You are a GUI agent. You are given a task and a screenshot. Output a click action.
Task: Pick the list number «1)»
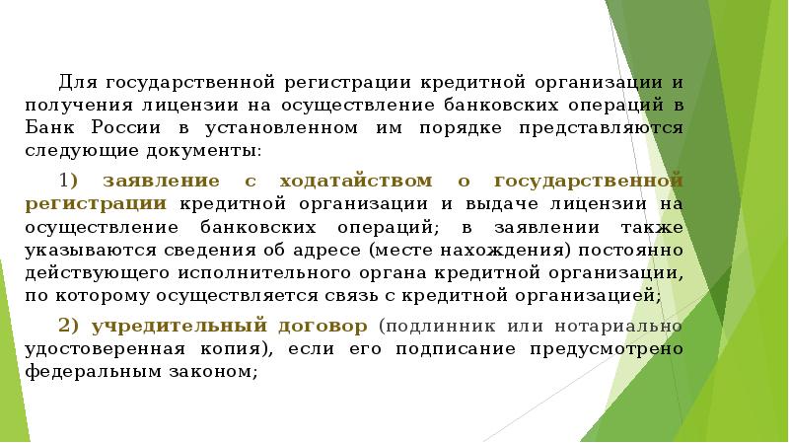(x=68, y=180)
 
